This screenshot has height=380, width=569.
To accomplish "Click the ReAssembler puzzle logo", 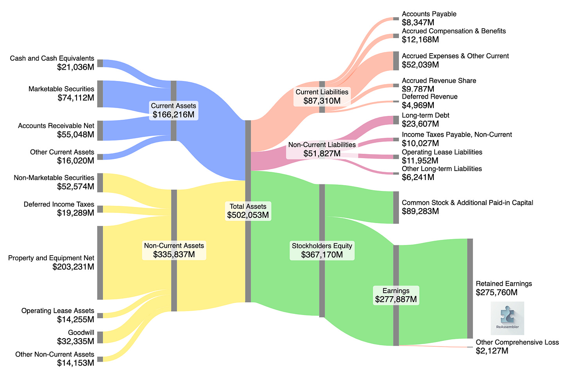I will pyautogui.click(x=507, y=318).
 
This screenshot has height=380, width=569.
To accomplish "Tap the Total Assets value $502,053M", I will pyautogui.click(x=248, y=215).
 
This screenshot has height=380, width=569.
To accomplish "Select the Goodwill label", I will pyautogui.click(x=81, y=333).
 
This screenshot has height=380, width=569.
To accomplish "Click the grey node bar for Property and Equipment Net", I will pyautogui.click(x=100, y=263).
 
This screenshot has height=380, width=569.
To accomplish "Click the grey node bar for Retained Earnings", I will pyautogui.click(x=470, y=288).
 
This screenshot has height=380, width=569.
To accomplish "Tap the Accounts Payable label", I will pyautogui.click(x=429, y=14).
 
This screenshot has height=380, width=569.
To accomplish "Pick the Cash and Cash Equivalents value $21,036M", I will pyautogui.click(x=75, y=67).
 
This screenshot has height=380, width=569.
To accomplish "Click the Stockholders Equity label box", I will pyautogui.click(x=322, y=250).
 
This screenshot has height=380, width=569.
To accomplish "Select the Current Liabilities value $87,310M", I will pyautogui.click(x=322, y=101).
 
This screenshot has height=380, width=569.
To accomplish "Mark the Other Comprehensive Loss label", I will pyautogui.click(x=517, y=342).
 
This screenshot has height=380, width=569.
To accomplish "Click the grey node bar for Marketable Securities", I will pyautogui.click(x=100, y=94).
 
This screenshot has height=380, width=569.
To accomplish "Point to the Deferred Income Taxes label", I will pyautogui.click(x=59, y=204).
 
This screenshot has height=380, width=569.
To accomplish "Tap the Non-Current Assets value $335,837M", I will pyautogui.click(x=174, y=255).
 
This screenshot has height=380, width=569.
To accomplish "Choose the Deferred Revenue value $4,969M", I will pyautogui.click(x=418, y=105).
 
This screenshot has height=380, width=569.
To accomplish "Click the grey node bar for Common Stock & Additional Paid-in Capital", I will pyautogui.click(x=396, y=207).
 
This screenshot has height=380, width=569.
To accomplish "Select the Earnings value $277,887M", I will pyautogui.click(x=396, y=300).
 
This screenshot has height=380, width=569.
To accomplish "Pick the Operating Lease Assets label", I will pyautogui.click(x=58, y=311).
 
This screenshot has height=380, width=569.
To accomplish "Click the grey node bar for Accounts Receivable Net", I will pyautogui.click(x=100, y=131).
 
